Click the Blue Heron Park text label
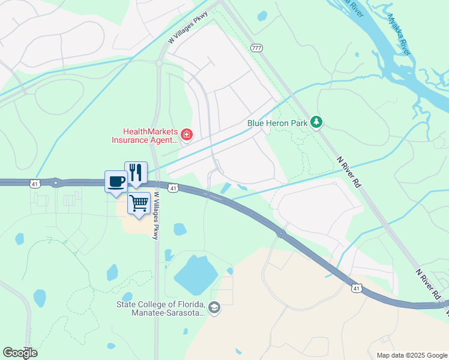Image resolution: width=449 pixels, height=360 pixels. point(277,123)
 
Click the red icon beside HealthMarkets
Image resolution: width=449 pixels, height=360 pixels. point(187,134)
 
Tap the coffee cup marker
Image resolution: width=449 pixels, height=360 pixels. point(116,181)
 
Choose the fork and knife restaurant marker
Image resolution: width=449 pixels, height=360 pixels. point(136,173)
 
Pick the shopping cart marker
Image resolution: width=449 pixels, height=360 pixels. point(139,204)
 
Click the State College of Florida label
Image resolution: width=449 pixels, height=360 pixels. point(161,308)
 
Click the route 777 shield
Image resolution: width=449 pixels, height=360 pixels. point(257,48)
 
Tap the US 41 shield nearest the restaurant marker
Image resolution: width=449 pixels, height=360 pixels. point(173,188)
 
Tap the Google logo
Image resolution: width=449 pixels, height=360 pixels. point(20,353)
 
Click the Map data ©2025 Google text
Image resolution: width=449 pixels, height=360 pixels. point(412,355)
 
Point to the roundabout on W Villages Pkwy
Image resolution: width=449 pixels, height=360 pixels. point(160,62)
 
